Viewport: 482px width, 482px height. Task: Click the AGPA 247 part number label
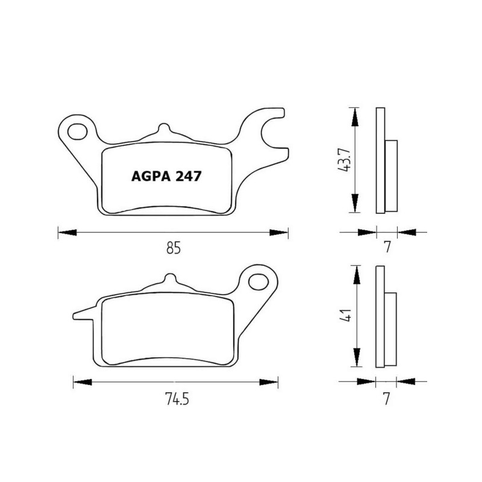[x=166, y=176]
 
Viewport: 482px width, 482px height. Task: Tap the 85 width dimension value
[x=173, y=247]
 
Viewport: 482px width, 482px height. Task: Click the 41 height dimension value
[x=345, y=316]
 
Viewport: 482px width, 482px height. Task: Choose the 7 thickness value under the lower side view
[x=387, y=398]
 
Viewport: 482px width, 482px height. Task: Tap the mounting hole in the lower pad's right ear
[x=258, y=281]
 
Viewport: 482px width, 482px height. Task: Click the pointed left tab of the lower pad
[x=82, y=313]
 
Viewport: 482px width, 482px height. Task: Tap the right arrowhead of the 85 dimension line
[x=281, y=231]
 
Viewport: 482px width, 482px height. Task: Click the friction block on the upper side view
[x=391, y=175]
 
